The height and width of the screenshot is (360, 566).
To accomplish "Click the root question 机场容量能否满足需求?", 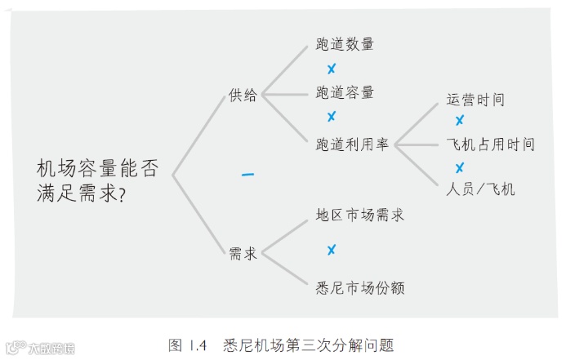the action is [x=97, y=181].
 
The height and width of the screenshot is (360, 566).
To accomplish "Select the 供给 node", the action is [x=243, y=96].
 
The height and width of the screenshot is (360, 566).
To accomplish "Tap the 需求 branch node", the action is [x=243, y=254].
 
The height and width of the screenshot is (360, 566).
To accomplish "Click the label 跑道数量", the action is [x=345, y=45].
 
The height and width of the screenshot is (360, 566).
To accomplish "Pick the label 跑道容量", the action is [x=345, y=93].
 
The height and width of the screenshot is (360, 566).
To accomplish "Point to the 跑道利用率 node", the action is [x=352, y=144].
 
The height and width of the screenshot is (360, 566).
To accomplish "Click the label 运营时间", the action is [x=475, y=100].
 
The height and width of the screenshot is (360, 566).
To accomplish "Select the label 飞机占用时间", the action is [x=490, y=144].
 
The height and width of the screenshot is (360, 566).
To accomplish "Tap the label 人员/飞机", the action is [x=480, y=189].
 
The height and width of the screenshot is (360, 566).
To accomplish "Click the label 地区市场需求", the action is [x=359, y=216].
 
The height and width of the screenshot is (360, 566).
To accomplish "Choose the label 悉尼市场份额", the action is [x=359, y=287].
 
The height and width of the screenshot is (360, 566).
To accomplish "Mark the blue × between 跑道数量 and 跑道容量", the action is [x=332, y=69].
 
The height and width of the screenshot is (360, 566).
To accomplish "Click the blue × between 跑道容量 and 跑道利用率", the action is [x=332, y=117].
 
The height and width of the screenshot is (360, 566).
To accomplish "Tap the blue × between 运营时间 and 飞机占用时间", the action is [x=459, y=121].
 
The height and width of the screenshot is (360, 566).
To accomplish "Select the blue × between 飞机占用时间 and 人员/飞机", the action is [x=459, y=167].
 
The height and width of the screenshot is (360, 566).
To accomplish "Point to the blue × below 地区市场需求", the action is [x=332, y=250].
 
